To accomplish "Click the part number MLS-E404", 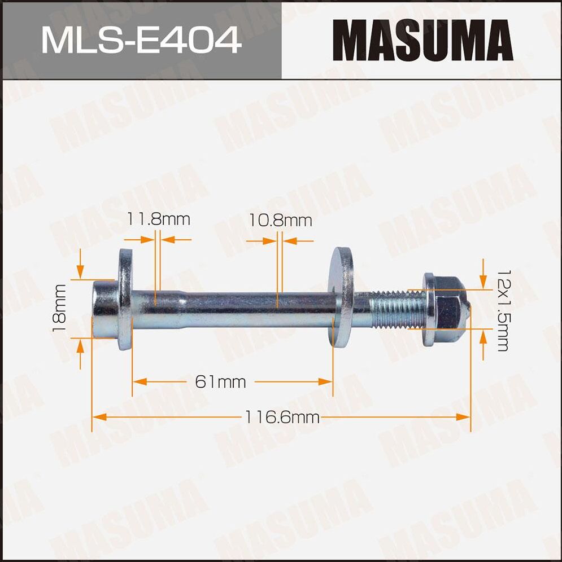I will (141, 40).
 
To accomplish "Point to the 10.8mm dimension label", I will (281, 220).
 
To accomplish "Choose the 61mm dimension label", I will (221, 382).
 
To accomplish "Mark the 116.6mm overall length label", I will (282, 418).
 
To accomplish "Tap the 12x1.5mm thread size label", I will (502, 309).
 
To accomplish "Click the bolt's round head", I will (105, 309).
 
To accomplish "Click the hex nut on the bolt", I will (445, 309).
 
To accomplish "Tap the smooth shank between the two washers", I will (237, 309).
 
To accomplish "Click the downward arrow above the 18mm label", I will (81, 273).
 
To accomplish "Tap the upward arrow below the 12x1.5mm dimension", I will (483, 337).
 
